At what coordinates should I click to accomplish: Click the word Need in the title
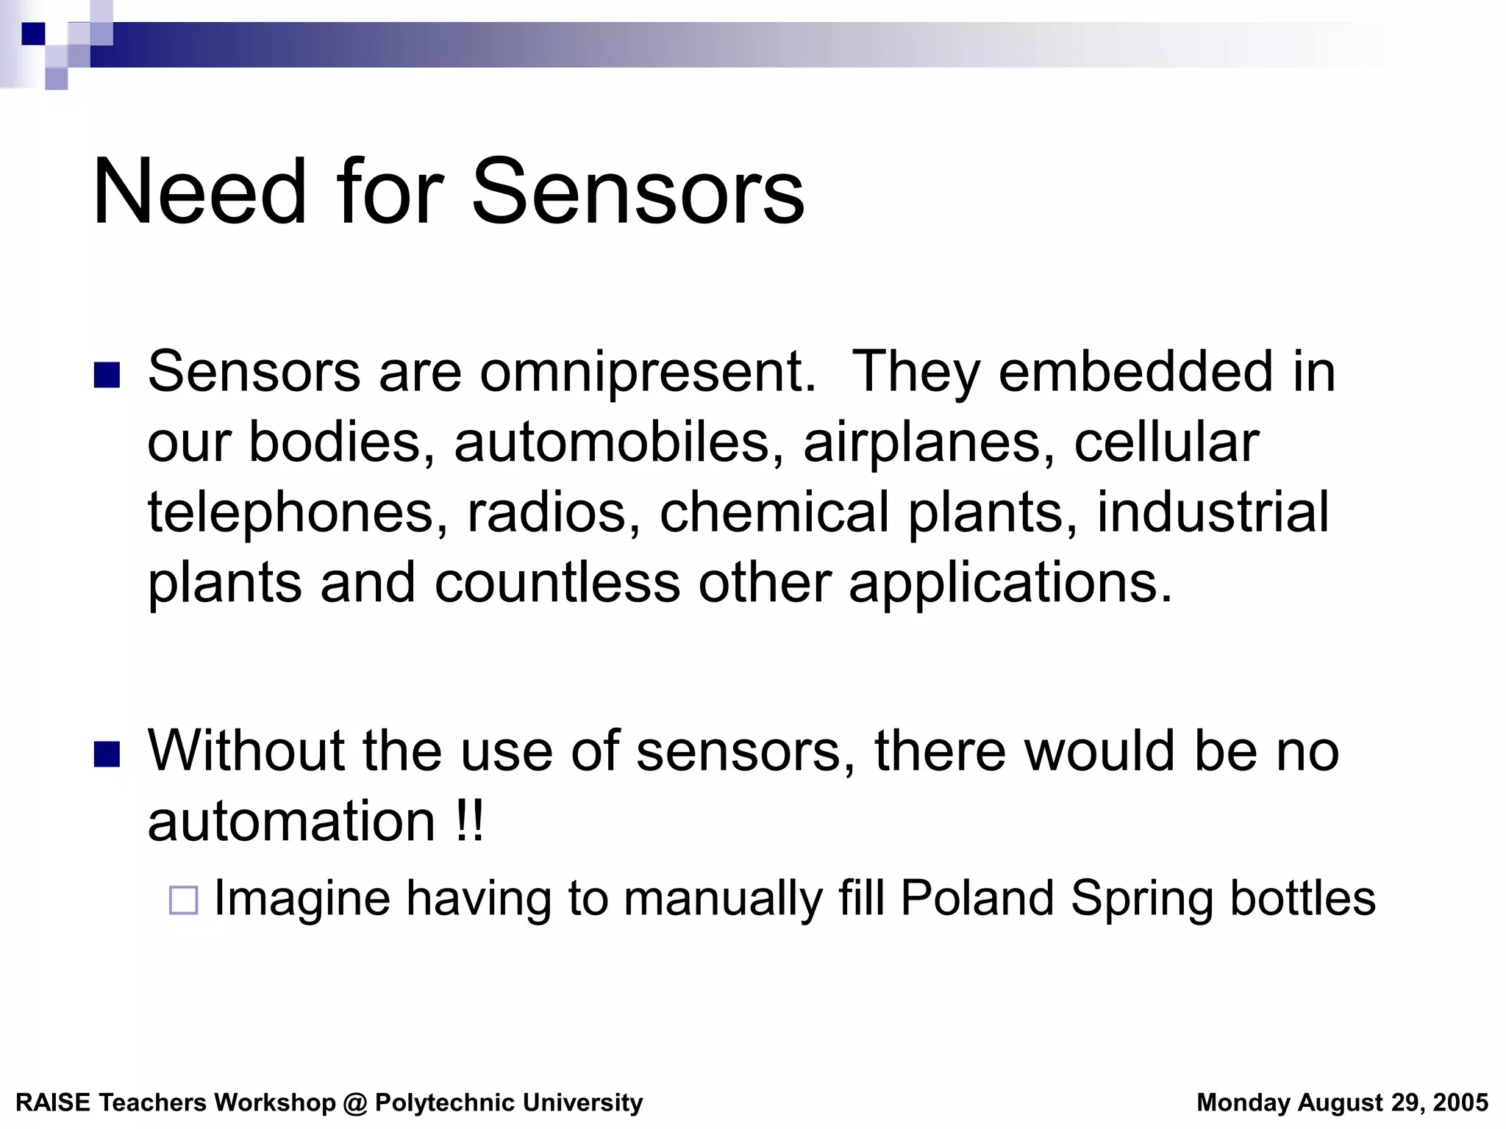click(x=199, y=193)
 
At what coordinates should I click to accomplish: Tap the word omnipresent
click(x=648, y=372)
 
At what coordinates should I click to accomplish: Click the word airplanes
click(x=929, y=444)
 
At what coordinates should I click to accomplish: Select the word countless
click(x=557, y=583)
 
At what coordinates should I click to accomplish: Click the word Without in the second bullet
click(x=246, y=750)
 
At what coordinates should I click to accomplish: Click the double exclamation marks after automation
click(x=469, y=821)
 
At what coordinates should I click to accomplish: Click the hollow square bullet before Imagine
click(x=183, y=900)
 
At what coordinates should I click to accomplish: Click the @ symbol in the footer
click(x=355, y=1103)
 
